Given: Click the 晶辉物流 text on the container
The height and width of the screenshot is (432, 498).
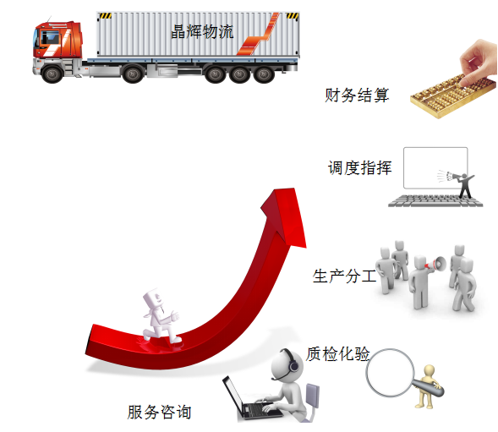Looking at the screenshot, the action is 202,31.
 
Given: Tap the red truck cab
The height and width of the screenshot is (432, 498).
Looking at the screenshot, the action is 58,41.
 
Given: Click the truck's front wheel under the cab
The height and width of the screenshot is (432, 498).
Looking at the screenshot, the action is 52,74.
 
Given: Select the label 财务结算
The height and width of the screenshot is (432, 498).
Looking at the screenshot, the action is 357,95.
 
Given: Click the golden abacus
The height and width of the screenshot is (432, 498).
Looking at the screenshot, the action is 453,96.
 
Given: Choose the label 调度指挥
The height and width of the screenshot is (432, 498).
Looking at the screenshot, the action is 359,167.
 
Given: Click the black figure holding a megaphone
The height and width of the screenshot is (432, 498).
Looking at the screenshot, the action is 462,185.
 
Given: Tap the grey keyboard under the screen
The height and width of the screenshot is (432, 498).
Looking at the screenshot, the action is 435,200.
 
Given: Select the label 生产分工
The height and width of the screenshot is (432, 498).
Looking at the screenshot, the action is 344,276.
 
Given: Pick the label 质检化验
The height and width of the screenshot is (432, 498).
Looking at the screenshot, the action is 337,353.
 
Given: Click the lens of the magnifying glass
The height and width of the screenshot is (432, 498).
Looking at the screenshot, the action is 390,373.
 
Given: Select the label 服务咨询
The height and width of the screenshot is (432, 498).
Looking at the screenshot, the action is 159,412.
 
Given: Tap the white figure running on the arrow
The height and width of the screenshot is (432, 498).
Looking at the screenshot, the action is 161,315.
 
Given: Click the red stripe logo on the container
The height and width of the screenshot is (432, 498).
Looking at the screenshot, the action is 258,35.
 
